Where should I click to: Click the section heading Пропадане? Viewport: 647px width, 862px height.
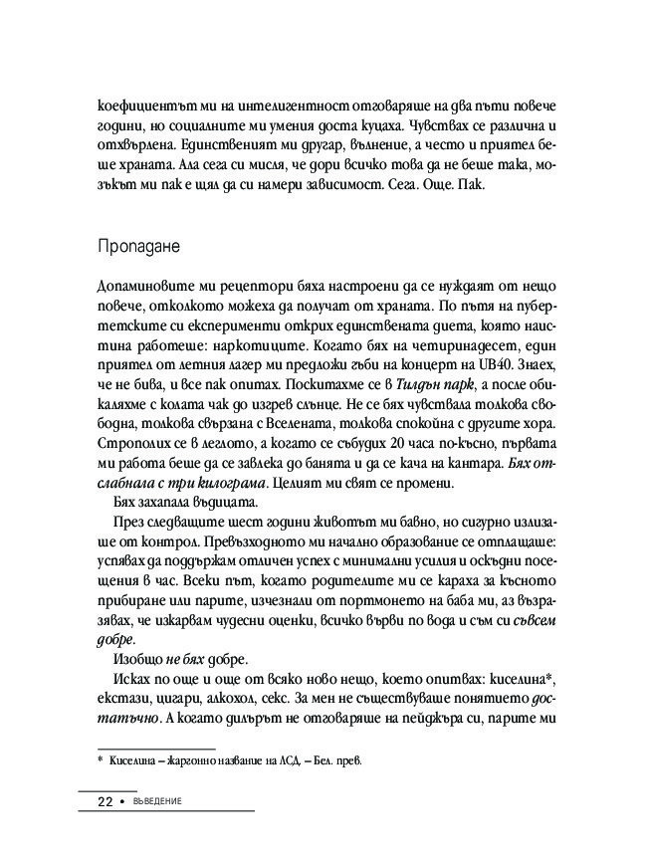[x=138, y=244]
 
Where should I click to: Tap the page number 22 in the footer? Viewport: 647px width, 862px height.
[x=104, y=801]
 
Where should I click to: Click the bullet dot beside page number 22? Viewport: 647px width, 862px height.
[x=122, y=802]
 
